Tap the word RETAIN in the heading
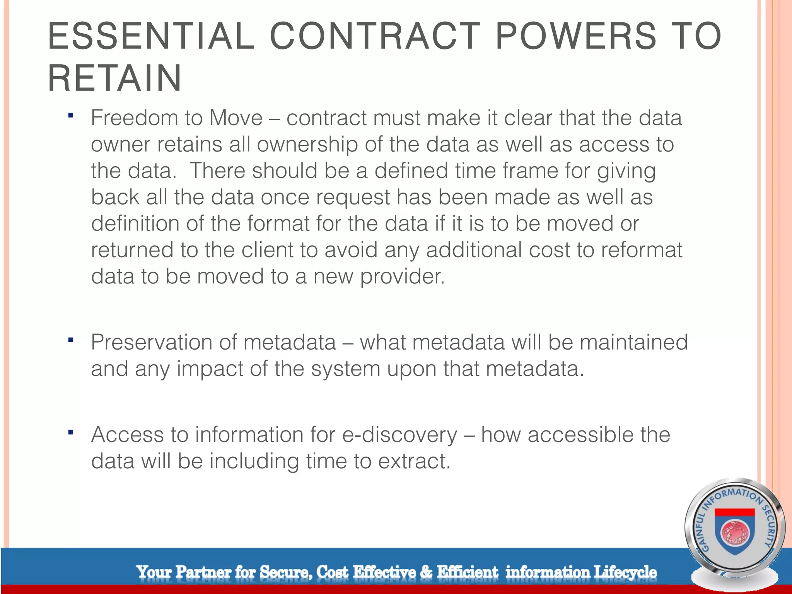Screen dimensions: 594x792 coord(115,79)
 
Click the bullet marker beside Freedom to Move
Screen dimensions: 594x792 coord(70,115)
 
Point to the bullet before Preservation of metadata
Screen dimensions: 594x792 coord(70,340)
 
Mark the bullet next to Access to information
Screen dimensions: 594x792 coord(70,432)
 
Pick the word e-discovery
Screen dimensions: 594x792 coord(400,435)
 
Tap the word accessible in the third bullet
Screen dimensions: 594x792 coord(580,435)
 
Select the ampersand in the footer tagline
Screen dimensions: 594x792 coord(426,572)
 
